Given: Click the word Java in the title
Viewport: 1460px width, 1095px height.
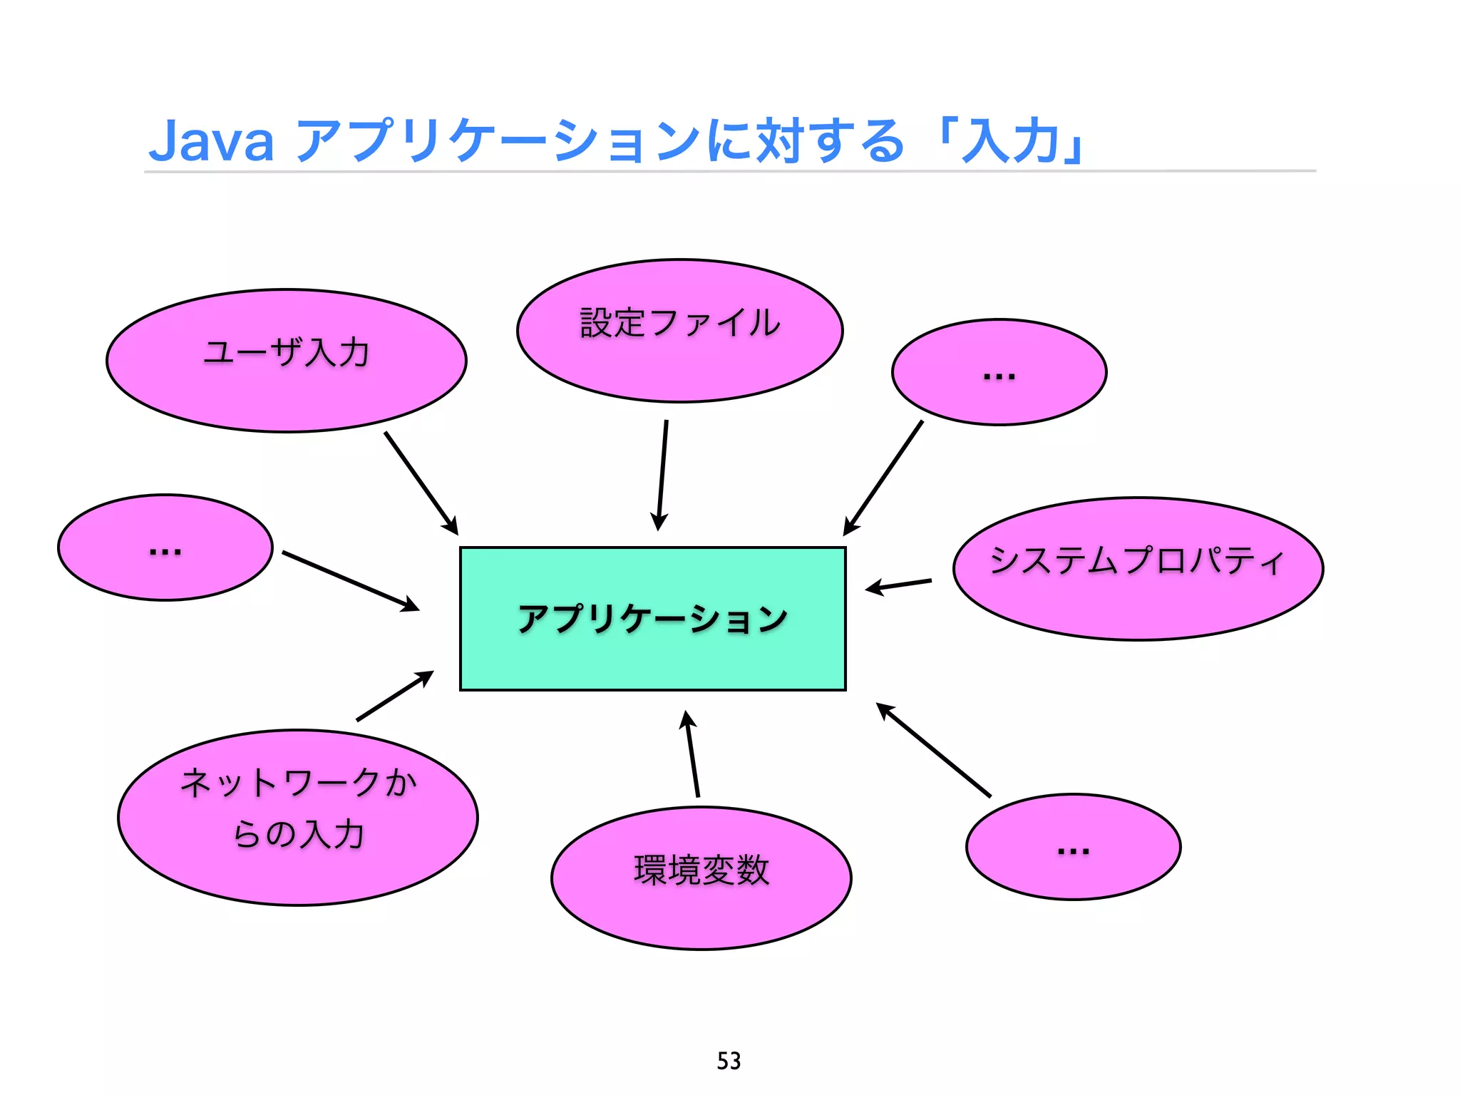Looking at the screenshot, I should (211, 141).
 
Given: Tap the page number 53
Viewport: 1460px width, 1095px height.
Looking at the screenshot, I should (729, 1061).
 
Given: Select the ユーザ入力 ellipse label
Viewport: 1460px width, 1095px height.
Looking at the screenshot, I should (287, 353).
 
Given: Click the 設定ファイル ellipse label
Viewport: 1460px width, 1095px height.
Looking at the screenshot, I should (680, 323).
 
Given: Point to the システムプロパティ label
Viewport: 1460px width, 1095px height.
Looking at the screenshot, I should (1137, 560).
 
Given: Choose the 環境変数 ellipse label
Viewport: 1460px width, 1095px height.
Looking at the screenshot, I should (701, 870).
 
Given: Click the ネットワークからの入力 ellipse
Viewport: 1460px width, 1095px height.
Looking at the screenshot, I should (298, 809).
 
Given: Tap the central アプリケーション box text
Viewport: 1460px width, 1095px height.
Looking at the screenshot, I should (652, 619).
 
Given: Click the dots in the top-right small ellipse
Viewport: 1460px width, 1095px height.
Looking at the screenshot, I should (999, 376).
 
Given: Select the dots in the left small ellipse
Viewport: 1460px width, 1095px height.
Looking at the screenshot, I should (165, 551).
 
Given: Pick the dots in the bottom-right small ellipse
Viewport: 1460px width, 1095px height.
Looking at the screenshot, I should (1073, 850).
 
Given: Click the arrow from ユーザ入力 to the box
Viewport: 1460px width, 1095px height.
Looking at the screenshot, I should (421, 483).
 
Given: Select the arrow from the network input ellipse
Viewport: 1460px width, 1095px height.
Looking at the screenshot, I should (395, 696).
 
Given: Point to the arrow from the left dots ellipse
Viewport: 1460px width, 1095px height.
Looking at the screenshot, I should (350, 580).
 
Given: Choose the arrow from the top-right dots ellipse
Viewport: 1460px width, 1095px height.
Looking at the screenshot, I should (883, 478).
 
